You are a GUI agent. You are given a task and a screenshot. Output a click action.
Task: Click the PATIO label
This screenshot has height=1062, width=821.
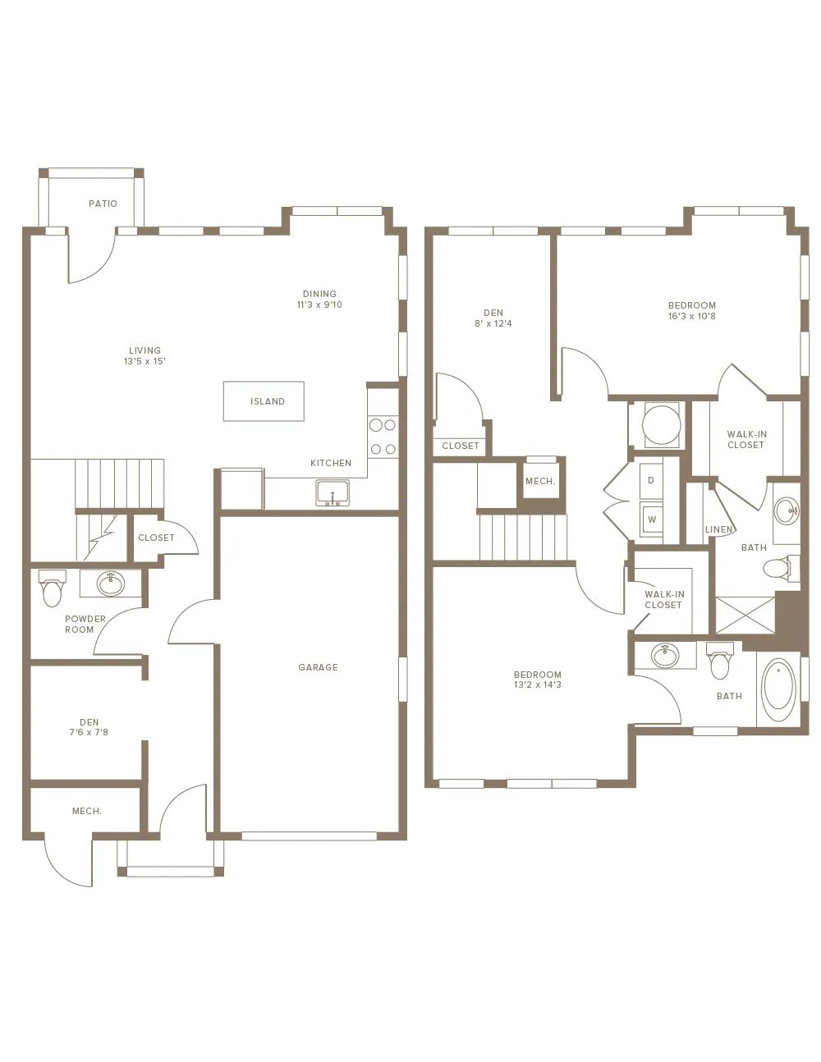pos(103,204)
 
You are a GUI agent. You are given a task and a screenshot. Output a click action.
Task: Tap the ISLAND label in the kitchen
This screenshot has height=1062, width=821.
pos(268,401)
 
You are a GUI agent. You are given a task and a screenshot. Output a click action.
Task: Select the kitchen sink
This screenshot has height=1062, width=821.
pos(333,492)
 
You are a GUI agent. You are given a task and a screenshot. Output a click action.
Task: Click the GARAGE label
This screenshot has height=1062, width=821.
pos(318,667)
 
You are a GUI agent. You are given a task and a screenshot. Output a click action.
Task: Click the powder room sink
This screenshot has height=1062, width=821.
pos(111,583)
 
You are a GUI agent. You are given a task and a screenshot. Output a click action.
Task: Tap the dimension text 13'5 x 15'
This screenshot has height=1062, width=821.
pos(144,361)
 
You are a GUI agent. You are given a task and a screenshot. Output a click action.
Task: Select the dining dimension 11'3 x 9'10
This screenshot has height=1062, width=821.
pos(319,304)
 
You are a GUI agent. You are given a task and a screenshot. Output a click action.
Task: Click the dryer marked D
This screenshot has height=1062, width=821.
pos(651,480)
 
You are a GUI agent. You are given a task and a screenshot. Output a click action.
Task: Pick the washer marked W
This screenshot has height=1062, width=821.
pos(651,520)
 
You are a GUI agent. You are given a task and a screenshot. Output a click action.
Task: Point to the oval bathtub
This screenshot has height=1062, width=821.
pos(779,691)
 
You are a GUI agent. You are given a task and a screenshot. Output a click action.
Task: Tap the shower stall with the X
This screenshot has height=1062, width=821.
pos(745,615)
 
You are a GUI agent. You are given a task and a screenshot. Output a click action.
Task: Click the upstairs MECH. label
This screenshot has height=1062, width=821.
pos(540,482)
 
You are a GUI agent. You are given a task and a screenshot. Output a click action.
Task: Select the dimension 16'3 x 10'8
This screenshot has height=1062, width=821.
pos(691,316)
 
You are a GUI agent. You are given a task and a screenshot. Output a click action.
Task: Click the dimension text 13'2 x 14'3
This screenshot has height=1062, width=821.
pos(538,684)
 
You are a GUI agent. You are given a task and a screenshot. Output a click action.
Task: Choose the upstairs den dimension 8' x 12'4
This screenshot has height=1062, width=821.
pos(493,323)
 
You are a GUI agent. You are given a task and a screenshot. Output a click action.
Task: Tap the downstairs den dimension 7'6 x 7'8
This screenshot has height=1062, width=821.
pos(89,732)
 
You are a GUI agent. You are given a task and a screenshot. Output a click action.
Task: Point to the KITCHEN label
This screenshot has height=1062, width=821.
pos(331,463)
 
